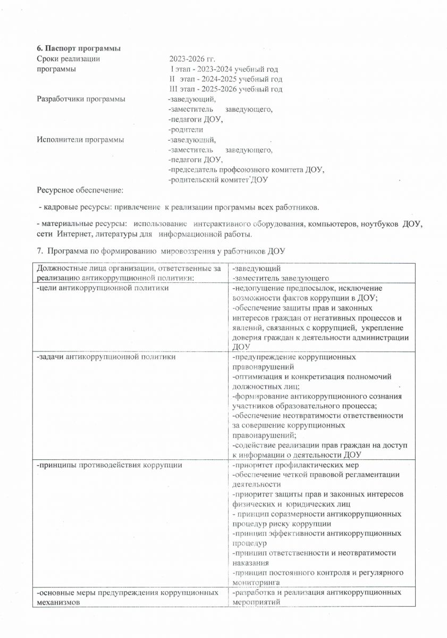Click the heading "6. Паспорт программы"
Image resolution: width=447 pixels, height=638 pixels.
click(78, 49)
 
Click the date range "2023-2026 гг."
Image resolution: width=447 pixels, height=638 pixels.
click(192, 59)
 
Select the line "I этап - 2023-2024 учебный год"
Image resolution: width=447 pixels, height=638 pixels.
click(224, 69)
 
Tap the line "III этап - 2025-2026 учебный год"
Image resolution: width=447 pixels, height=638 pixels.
click(225, 89)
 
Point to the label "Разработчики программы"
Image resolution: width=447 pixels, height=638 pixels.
click(81, 99)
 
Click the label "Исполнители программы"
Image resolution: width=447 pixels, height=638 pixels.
click(80, 140)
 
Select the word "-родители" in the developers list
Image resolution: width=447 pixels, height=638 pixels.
click(185, 130)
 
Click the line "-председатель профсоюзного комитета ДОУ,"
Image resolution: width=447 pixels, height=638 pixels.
click(246, 170)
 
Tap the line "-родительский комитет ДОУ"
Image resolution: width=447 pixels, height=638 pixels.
click(218, 180)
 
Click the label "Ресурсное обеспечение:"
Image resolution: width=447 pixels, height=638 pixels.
click(80, 190)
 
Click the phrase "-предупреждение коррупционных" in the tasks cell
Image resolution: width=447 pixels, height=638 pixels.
click(294, 357)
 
